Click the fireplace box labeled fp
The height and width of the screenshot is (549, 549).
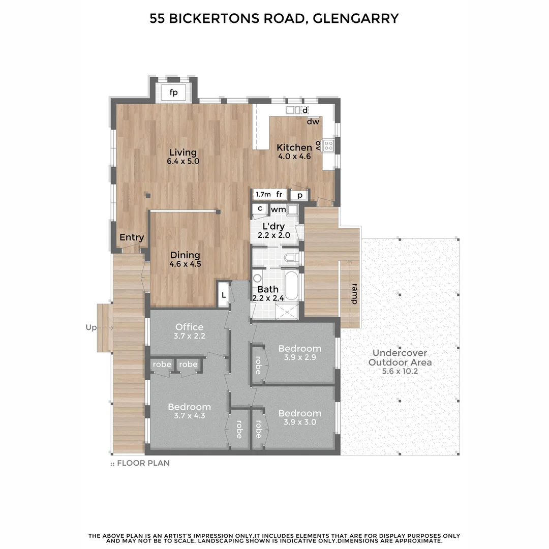tap(174, 93)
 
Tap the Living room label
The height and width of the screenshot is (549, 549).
tap(183, 152)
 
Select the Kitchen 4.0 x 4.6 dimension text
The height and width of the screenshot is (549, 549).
tap(294, 157)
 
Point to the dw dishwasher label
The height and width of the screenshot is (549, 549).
tap(313, 121)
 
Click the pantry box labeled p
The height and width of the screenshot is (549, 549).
tap(300, 195)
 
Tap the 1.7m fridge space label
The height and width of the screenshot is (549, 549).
tap(263, 194)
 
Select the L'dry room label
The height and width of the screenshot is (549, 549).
tap(273, 226)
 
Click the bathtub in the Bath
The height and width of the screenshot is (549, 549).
tap(292, 286)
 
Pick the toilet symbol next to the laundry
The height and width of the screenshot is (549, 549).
tap(291, 258)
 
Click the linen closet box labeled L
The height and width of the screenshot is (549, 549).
tap(223, 295)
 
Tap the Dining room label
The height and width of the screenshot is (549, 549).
tap(185, 255)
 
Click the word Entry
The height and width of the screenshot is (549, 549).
tap(132, 237)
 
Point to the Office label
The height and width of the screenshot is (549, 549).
tap(189, 327)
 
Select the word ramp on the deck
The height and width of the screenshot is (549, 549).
tap(354, 294)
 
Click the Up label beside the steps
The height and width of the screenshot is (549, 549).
tap(91, 328)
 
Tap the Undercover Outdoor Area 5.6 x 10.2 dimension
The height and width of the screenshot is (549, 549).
tap(400, 372)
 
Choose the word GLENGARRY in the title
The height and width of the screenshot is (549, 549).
tap(356, 19)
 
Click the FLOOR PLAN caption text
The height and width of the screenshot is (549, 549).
tap(143, 463)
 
